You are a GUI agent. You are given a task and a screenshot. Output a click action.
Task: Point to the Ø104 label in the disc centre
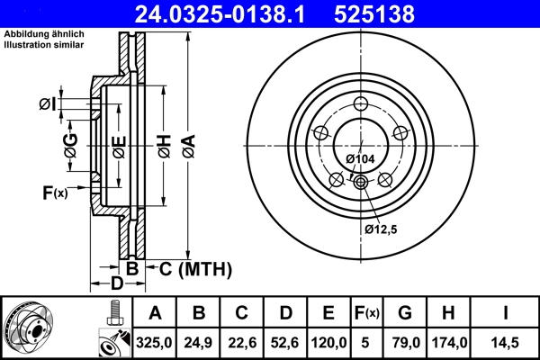pyautogui.click(x=360, y=159)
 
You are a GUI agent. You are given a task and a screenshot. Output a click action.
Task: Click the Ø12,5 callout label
pyautogui.click(x=382, y=229)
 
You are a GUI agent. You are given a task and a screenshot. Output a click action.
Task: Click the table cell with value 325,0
pyautogui.click(x=155, y=342)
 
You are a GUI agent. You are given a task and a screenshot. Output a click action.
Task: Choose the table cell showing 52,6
pyautogui.click(x=285, y=342)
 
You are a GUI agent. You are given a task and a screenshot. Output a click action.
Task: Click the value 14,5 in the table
pyautogui.click(x=504, y=342)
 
